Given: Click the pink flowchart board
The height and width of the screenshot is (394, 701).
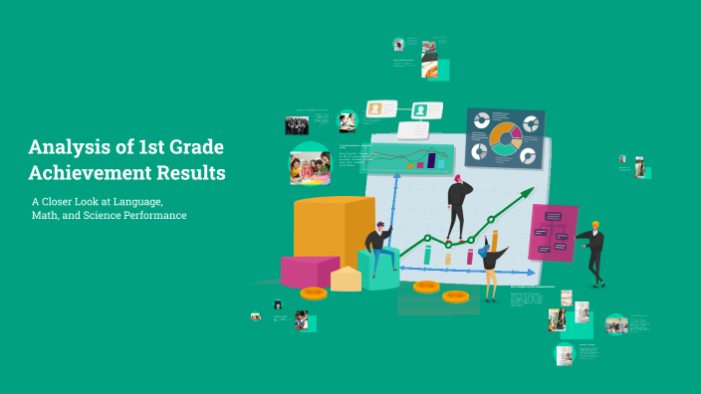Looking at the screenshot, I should pos(553,232).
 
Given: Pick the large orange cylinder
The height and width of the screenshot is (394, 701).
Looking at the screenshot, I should pos(334,231).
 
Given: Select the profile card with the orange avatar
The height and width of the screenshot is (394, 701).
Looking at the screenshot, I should pos(381,109).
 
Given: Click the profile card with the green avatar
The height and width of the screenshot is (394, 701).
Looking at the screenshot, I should pos(426,110).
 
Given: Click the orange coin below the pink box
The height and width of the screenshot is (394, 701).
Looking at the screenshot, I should pos(314,293).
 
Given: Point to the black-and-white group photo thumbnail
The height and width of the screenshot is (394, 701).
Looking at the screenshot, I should pos(297,125).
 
